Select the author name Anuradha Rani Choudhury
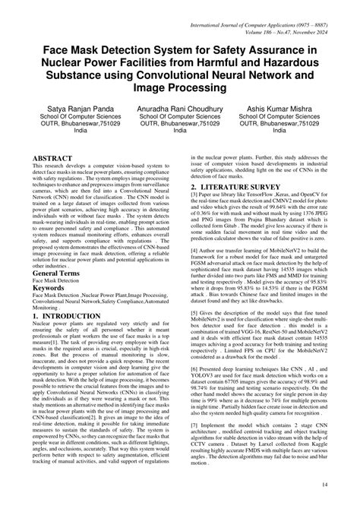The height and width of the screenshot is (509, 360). coord(180,109)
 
